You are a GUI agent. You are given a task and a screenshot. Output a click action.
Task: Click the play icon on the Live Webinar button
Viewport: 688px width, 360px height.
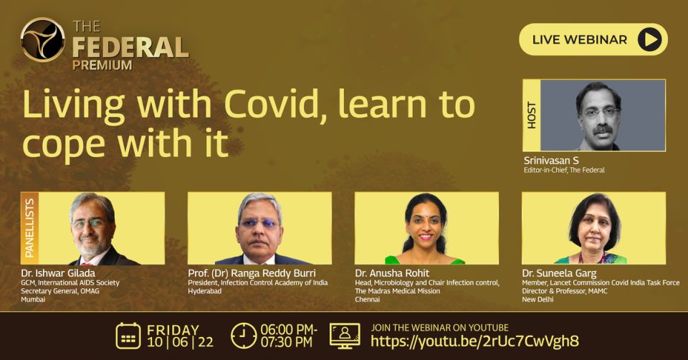[x=649, y=39]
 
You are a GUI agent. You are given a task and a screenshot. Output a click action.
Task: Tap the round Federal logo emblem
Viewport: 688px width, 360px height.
[x=42, y=39]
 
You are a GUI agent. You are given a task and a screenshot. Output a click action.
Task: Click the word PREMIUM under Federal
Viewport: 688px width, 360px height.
[x=102, y=65]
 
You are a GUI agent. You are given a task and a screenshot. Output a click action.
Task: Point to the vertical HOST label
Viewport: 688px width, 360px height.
[x=531, y=115]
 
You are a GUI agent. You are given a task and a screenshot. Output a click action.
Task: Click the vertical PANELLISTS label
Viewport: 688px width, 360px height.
[x=29, y=228]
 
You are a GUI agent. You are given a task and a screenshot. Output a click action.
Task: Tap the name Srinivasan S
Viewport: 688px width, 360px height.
[x=551, y=160]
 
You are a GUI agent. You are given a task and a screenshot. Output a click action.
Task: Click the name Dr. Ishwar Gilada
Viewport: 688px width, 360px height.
[x=58, y=273]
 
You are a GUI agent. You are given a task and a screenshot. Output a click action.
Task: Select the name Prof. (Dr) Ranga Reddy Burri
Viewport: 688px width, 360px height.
[x=252, y=273]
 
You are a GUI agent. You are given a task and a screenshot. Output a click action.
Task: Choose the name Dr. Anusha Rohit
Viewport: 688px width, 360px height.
[x=392, y=273]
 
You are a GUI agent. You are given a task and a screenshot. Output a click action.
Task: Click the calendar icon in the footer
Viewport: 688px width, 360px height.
[x=128, y=336]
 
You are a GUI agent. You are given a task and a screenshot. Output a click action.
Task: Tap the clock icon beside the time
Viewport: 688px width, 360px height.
[x=244, y=336]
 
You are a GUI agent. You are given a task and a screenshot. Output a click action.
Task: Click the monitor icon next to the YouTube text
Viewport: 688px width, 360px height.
[x=345, y=336]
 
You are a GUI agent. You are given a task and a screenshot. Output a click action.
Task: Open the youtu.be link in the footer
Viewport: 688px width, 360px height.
[x=474, y=341]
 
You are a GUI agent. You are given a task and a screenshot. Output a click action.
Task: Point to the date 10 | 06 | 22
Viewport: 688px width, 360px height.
[x=181, y=343]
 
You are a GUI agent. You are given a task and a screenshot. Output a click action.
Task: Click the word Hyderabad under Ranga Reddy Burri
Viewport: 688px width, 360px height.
[x=205, y=291]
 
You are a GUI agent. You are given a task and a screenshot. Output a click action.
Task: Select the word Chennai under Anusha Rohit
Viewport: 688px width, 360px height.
[x=368, y=300]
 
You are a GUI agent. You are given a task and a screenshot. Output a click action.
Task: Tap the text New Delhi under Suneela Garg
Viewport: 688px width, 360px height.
[x=538, y=300]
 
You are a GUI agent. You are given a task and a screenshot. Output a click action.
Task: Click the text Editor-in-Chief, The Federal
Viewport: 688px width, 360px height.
[x=564, y=170]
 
